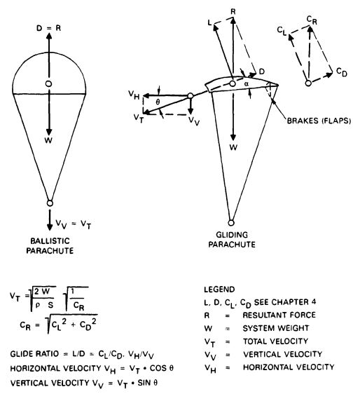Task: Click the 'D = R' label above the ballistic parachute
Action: [x=49, y=28]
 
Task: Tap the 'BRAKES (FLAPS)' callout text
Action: [x=319, y=121]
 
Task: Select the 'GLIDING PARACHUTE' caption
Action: [x=232, y=240]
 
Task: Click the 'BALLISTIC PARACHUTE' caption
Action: [x=50, y=246]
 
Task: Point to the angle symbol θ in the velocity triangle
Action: [x=158, y=102]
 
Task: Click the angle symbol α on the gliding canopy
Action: [x=247, y=84]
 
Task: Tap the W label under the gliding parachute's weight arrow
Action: [x=233, y=147]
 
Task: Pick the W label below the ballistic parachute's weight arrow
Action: [x=48, y=140]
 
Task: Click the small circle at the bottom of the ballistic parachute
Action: [x=50, y=203]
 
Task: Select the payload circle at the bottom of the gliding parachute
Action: [x=231, y=223]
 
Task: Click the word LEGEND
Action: [x=219, y=290]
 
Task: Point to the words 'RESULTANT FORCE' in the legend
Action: [x=279, y=315]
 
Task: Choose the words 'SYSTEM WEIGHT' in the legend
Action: [x=276, y=328]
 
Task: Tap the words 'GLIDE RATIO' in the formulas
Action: [x=34, y=354]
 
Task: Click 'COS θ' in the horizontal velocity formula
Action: [x=161, y=368]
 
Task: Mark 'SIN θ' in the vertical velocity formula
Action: [x=148, y=383]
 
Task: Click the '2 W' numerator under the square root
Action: [x=42, y=292]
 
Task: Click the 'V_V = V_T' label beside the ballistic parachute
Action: [x=73, y=224]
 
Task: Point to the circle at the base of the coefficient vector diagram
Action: [x=308, y=83]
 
